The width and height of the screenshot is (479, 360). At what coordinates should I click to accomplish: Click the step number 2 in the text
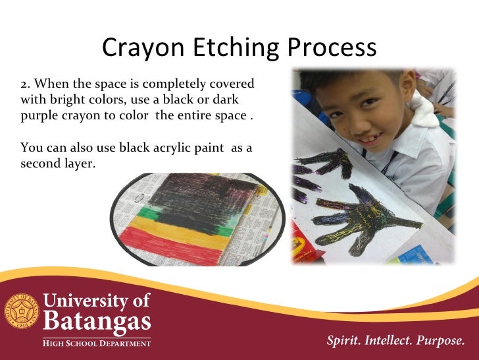[25, 85]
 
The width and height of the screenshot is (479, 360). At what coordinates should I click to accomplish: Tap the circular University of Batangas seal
[22, 313]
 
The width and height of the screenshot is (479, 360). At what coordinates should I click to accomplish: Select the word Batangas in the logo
[97, 323]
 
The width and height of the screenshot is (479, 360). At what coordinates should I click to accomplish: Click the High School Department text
[97, 343]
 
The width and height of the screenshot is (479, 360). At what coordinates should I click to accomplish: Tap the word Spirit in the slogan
[345, 341]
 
